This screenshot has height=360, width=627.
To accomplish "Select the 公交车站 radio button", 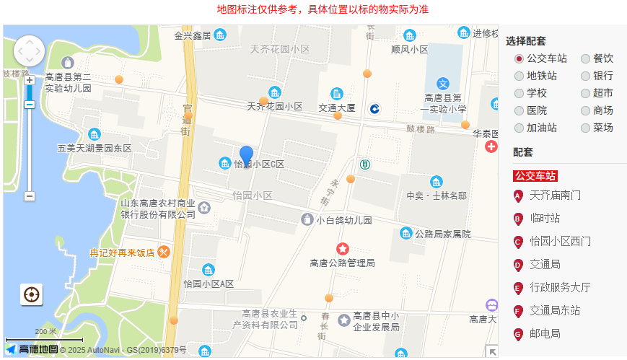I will (519, 58).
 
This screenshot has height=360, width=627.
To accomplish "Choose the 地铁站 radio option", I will (519, 76).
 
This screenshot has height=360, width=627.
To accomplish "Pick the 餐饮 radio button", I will (586, 58).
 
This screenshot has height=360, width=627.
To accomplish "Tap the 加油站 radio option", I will (519, 128).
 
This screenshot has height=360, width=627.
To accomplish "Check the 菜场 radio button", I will (586, 128).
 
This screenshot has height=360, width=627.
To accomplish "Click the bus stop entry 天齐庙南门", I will (555, 195).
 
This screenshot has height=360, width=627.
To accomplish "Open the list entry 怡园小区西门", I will (560, 241).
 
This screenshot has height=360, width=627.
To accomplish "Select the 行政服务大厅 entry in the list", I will (560, 287).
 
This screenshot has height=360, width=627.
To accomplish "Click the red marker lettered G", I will (518, 334).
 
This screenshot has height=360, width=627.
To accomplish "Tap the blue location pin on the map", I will (246, 155).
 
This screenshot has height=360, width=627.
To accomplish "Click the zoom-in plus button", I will (30, 80).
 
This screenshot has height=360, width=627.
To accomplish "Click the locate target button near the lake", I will (31, 294).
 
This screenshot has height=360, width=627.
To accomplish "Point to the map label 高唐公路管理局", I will (342, 263).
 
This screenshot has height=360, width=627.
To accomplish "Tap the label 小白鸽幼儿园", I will (343, 220).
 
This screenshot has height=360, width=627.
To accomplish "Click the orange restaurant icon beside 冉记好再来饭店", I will (165, 252).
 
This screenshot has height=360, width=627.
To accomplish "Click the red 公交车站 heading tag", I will (535, 175).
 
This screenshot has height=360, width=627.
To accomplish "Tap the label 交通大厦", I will (337, 107).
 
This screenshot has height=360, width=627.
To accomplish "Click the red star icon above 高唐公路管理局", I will (343, 249).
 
